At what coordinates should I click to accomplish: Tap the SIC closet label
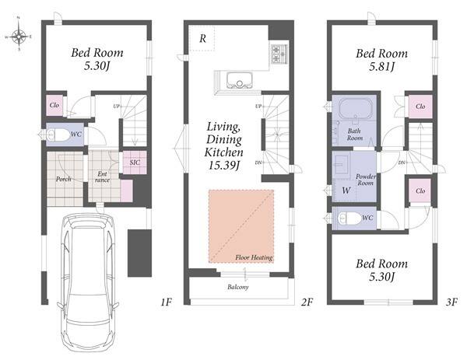click(x=135, y=163)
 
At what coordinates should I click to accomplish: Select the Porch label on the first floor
click(x=64, y=179)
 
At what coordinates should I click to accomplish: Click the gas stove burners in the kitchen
click(x=279, y=54)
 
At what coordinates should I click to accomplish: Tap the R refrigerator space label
click(x=203, y=38)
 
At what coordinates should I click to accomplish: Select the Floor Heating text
click(x=254, y=257)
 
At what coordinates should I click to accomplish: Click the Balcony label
click(x=238, y=287)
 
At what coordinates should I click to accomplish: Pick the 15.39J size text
click(x=224, y=166)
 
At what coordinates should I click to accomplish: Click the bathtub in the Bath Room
click(x=356, y=108)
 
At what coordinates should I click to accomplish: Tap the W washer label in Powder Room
click(x=346, y=190)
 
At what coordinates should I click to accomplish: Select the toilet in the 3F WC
click(x=349, y=218)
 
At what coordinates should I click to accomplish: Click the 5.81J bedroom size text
click(x=382, y=66)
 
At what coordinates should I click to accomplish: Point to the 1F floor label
click(x=167, y=302)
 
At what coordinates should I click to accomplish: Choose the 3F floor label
click(x=451, y=302)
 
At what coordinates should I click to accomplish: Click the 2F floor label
click(x=307, y=302)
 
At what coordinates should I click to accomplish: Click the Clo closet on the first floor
click(x=54, y=105)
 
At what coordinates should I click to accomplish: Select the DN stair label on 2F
click(x=258, y=163)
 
